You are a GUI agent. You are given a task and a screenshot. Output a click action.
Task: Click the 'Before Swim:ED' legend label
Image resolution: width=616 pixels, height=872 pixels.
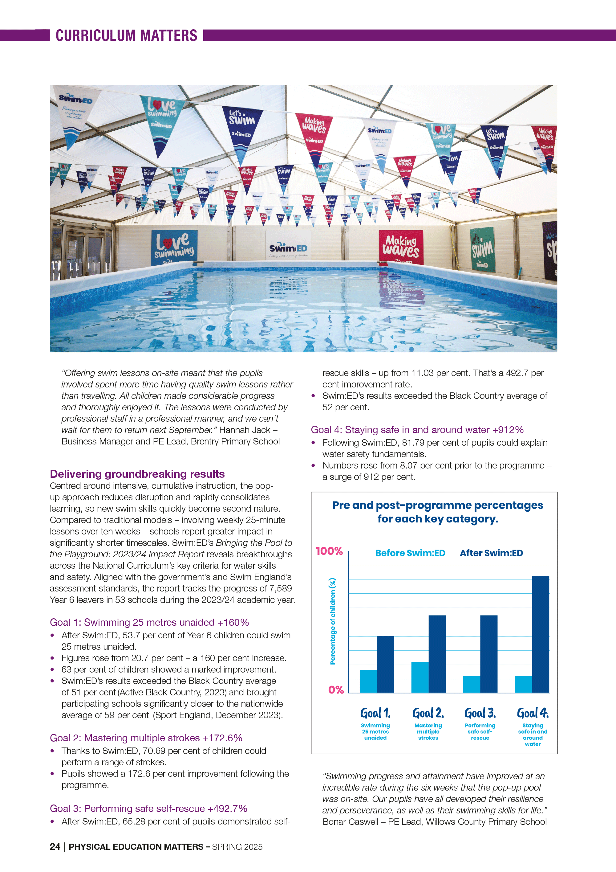[410, 553]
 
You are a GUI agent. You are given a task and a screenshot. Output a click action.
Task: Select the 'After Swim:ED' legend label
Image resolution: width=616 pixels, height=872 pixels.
[491, 553]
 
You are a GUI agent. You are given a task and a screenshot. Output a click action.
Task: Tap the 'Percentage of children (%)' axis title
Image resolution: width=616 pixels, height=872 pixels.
[332, 621]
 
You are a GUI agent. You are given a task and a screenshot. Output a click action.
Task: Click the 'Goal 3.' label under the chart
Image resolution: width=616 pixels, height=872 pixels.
[480, 713]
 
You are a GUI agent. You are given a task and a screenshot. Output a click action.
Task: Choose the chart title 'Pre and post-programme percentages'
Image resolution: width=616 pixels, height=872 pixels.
[438, 506]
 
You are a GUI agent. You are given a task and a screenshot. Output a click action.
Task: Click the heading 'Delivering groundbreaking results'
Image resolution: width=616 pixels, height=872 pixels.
[137, 474]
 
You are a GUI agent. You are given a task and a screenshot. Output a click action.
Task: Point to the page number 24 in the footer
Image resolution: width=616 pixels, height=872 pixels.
[55, 846]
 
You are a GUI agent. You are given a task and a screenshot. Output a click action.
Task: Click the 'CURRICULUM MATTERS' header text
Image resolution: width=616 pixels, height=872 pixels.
[126, 36]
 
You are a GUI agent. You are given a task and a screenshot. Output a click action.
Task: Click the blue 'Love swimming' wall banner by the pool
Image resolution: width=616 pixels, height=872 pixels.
[174, 247]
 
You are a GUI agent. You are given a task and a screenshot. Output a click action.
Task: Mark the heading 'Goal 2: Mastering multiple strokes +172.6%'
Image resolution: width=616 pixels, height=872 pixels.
[146, 738]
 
